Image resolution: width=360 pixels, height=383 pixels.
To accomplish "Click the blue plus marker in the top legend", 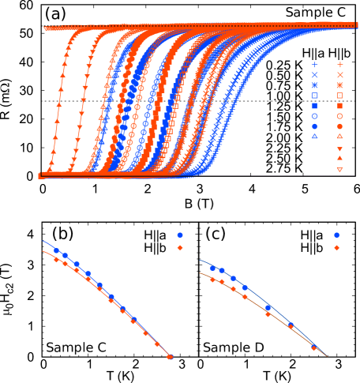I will pyautogui.click(x=314, y=64).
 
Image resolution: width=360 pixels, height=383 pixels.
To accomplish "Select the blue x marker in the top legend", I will pyautogui.click(x=314, y=74).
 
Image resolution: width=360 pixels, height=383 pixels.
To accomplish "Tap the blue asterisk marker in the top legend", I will pyautogui.click(x=314, y=84).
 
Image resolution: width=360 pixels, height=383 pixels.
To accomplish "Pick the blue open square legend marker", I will pyautogui.click(x=314, y=96).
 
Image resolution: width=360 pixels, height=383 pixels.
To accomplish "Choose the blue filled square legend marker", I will pyautogui.click(x=314, y=106).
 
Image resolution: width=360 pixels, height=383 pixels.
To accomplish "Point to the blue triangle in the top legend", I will pyautogui.click(x=314, y=137).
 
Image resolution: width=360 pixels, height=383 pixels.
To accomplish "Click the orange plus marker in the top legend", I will pyautogui.click(x=339, y=64).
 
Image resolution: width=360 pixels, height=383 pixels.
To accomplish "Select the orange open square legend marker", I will pyautogui.click(x=339, y=96).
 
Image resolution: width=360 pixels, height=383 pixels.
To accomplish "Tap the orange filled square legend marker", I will pyautogui.click(x=339, y=106).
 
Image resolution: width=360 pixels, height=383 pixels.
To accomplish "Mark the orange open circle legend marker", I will pyautogui.click(x=339, y=116).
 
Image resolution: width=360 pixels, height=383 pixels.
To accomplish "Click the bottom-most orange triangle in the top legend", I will pyautogui.click(x=339, y=170).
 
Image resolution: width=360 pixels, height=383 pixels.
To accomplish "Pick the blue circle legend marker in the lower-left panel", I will pyautogui.click(x=180, y=235).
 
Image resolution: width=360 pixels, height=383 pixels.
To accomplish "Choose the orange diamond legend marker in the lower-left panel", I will pyautogui.click(x=180, y=248).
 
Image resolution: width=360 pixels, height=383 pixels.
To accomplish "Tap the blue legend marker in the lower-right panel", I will pyautogui.click(x=336, y=235).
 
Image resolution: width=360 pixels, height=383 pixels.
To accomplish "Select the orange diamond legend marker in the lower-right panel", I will pyautogui.click(x=336, y=248).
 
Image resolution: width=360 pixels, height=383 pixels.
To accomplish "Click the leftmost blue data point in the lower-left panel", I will pyautogui.click(x=57, y=251).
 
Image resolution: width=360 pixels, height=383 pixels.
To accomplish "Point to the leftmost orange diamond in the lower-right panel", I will pyautogui.click(x=212, y=280).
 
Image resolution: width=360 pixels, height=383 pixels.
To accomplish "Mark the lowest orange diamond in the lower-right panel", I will pyautogui.click(x=313, y=347).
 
